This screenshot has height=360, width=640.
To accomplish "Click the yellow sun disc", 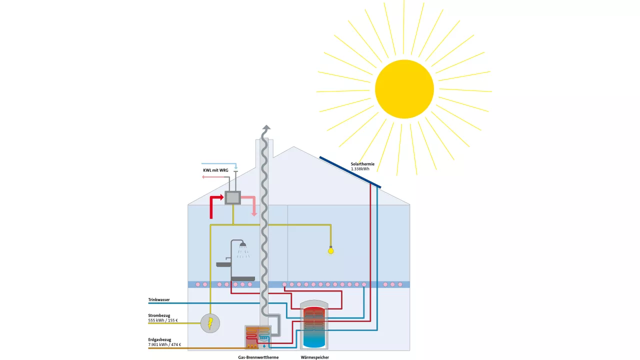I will coord(404,89).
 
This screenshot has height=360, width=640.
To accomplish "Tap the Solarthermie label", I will coord(362,164).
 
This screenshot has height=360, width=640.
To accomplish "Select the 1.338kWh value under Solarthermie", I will coord(360,169).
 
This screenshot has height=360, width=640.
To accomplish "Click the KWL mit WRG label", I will coord(215,170).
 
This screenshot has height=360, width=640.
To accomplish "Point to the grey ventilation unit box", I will coord(232,197).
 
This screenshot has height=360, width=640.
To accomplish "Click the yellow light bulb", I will coord(330,250).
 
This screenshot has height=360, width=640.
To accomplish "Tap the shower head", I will coord(243,245).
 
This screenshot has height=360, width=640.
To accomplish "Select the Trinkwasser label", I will coord(159,299).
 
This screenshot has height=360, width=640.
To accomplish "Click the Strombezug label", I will coord(159,315).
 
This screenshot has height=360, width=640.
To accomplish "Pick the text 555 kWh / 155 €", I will coord(163,320).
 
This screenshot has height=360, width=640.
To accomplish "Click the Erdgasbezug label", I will coord(159,339).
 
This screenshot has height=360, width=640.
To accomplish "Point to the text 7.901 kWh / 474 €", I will coord(164,344).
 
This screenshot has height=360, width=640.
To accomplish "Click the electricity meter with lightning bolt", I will coord(210,323).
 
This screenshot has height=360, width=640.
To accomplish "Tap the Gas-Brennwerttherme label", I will coord(258,357).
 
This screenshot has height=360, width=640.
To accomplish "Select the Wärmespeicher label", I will coord(315,357).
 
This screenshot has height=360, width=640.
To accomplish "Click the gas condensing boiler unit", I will coord(257,337).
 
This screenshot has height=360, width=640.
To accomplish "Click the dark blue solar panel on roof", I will coord(350,172).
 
